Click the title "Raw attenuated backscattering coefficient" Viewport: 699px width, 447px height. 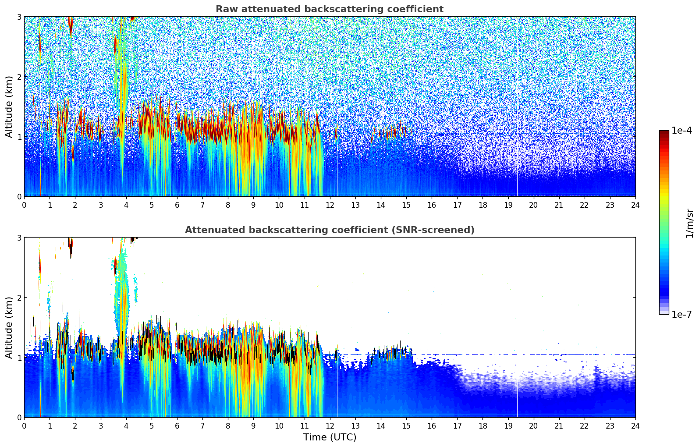329,9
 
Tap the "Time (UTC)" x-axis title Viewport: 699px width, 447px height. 330,437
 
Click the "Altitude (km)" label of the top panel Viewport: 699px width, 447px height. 9,106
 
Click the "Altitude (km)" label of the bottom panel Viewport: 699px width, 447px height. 9,327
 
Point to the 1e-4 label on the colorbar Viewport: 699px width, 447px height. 681,131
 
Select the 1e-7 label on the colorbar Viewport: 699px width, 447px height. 681,314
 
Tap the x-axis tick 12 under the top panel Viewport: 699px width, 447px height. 330,205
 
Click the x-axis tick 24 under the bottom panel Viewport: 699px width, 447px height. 635,426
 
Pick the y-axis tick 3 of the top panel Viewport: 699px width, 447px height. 19,17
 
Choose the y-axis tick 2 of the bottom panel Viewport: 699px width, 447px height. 19,298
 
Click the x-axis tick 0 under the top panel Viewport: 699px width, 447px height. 24,205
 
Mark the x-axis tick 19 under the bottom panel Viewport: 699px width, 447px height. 508,426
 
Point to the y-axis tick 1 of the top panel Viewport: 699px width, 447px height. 19,137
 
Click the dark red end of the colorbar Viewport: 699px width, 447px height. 664,132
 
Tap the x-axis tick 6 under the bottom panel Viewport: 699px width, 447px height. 177,426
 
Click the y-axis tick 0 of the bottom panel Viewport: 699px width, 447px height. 19,417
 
